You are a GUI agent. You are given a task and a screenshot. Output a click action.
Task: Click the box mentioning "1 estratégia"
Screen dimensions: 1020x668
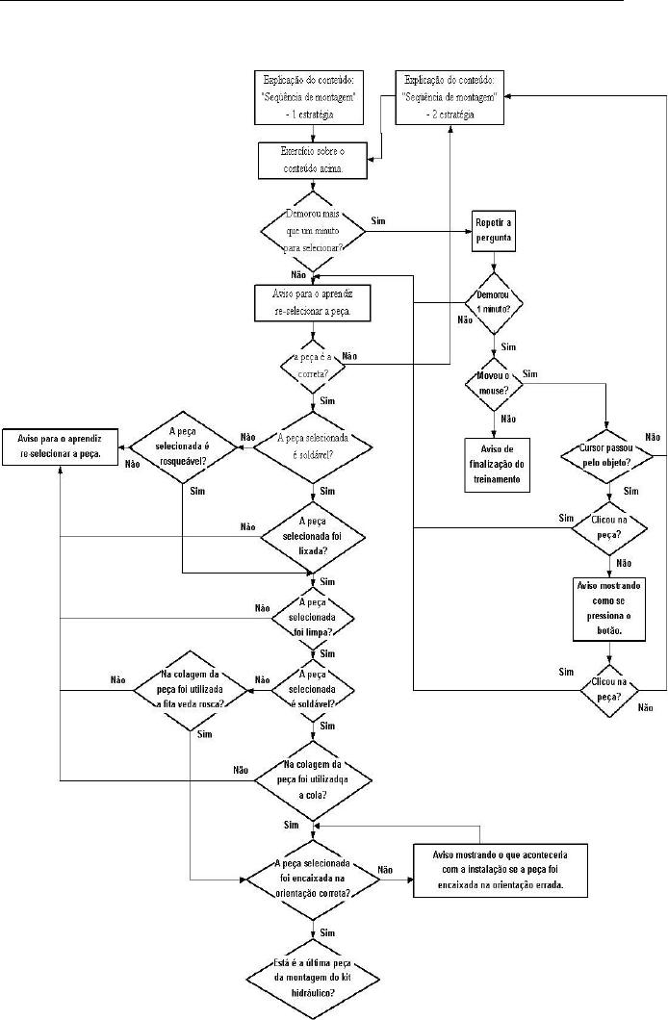tap(309, 96)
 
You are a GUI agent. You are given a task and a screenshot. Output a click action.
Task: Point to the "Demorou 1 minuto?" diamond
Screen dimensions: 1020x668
tap(495, 302)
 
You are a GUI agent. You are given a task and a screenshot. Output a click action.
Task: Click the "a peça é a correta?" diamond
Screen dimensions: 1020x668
tap(316, 365)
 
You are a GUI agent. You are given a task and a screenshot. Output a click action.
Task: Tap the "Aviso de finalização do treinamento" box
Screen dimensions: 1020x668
tap(498, 465)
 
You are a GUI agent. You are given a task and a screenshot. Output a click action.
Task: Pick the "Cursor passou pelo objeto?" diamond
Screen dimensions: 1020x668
tap(606, 454)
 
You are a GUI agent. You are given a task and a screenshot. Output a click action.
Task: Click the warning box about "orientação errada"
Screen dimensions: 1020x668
tap(499, 872)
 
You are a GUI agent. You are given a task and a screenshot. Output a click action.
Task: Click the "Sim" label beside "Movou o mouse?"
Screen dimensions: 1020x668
tap(531, 373)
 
